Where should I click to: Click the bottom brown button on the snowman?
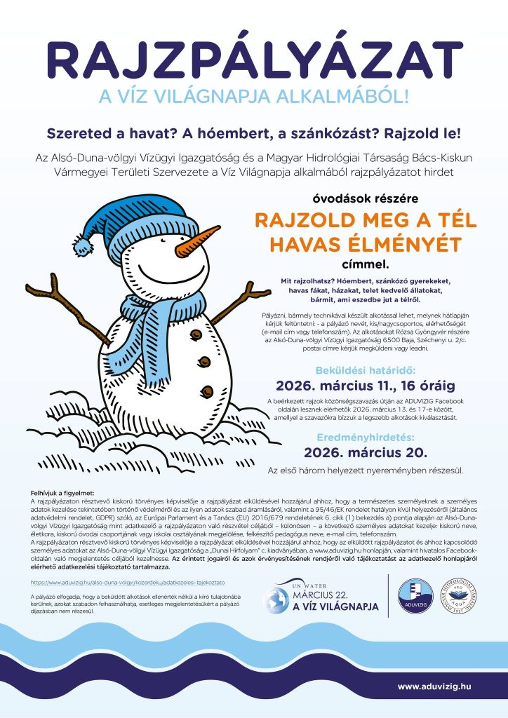click(x=206, y=390)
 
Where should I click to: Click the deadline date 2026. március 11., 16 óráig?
click(x=365, y=385)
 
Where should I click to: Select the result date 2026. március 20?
click(x=365, y=452)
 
